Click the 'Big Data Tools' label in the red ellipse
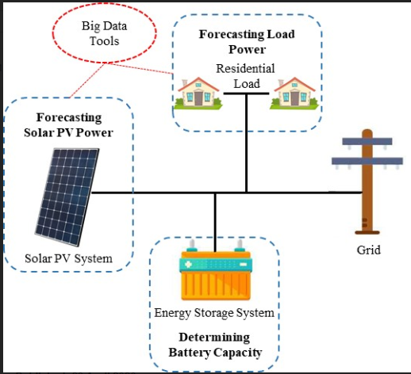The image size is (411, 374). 104,33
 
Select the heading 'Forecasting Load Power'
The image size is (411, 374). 247,42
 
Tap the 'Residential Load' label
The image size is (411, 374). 246,76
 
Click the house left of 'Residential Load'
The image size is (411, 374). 198,93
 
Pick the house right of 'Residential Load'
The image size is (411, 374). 294,93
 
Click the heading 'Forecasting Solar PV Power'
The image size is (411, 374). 68,125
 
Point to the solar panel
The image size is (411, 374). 67,197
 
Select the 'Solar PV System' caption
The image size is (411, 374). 68,258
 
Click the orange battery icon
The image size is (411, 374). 216,270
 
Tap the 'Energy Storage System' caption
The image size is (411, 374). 214,313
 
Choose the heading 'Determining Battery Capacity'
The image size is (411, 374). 215,345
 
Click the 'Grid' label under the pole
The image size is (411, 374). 369,250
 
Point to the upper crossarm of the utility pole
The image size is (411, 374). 367,141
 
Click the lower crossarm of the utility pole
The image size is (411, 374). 367,161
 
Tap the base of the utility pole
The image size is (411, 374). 367,232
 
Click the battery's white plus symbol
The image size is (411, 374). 188,264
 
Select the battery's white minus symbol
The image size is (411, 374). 243,264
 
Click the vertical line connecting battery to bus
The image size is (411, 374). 215,223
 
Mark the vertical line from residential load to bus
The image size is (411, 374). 246,143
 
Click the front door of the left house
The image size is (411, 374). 198,98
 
